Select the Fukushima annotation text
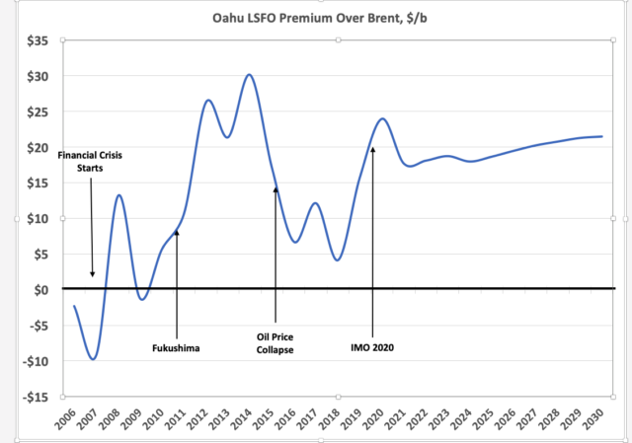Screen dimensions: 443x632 point(177,347)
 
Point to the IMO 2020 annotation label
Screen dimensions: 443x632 point(373,347)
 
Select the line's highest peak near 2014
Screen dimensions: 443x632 point(248,75)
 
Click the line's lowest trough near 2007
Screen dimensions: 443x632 point(94,358)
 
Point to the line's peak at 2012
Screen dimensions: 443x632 point(208,100)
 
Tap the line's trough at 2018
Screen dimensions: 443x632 point(337,259)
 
